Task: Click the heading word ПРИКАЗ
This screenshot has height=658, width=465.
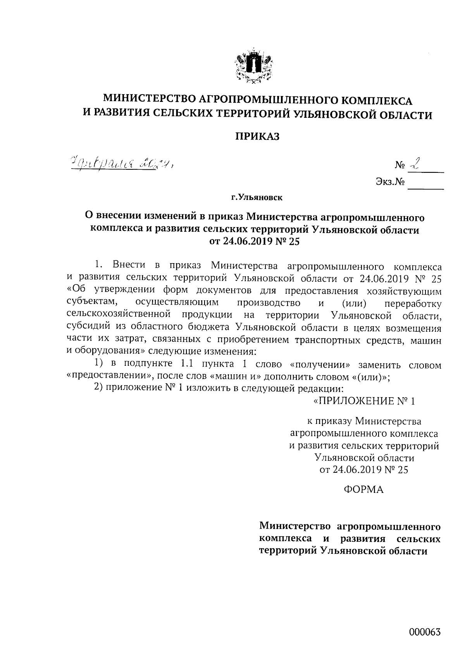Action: pos(258,136)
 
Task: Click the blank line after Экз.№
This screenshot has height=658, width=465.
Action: pos(426,185)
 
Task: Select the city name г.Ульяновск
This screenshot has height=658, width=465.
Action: pos(257,198)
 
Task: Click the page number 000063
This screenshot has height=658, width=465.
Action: pos(425,633)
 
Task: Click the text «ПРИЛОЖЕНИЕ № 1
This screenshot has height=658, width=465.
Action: pos(364,401)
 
